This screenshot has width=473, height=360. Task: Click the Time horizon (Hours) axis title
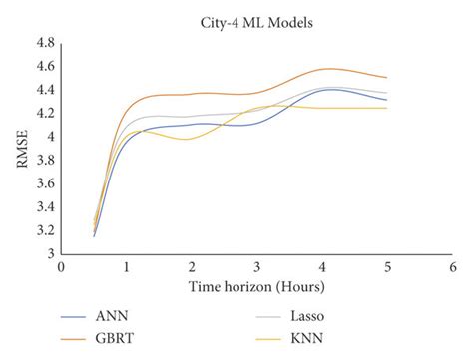(x=256, y=287)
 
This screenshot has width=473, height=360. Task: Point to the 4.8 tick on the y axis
(x=45, y=44)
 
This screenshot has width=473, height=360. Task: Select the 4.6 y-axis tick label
(x=45, y=67)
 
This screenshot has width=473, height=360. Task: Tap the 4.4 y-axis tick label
(x=45, y=90)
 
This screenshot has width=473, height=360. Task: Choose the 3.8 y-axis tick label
(x=45, y=161)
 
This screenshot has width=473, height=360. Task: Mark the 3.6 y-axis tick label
(x=45, y=183)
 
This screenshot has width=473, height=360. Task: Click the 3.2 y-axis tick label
(x=45, y=230)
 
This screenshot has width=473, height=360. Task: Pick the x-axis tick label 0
(x=61, y=268)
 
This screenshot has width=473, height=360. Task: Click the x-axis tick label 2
(x=192, y=268)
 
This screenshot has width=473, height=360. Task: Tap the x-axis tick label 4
(x=321, y=268)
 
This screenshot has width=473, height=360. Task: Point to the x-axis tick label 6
(x=452, y=268)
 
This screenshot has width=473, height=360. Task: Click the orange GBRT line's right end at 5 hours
(x=386, y=78)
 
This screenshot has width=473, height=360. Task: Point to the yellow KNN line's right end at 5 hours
(x=386, y=108)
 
